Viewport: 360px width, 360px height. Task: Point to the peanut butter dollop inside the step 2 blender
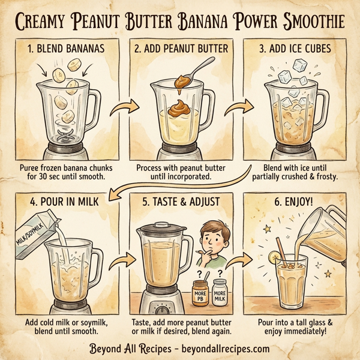(x=179, y=108)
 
